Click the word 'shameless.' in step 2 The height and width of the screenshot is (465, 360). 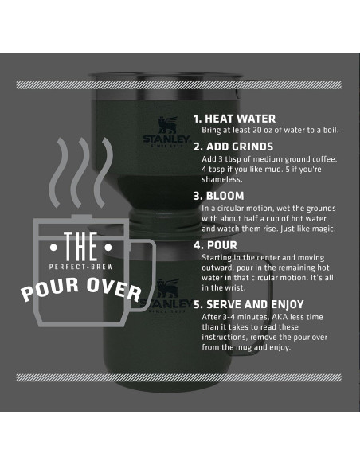click(x=221, y=178)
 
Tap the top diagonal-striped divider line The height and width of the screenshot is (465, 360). click(x=180, y=84)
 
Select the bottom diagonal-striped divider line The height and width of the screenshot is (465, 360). click(x=180, y=377)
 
